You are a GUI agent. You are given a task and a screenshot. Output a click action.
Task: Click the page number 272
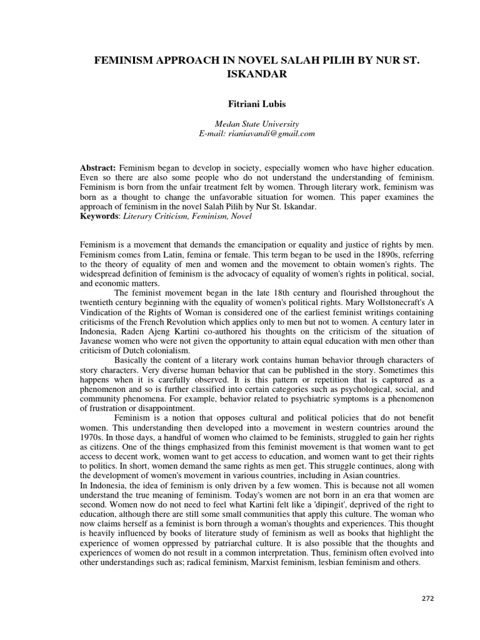tap(427, 598)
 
